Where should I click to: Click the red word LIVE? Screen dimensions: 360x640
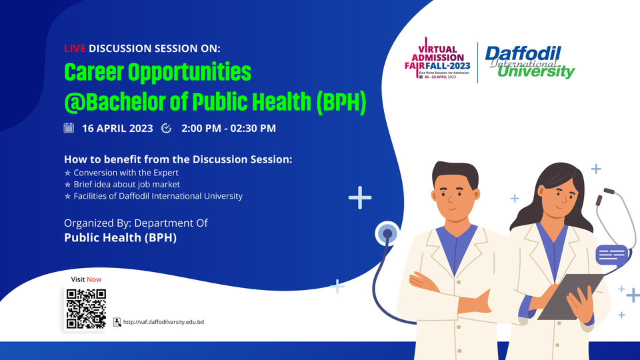75,49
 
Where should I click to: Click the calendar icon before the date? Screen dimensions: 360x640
69,128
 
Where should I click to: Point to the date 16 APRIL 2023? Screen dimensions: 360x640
117,128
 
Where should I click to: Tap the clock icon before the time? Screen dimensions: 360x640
167,128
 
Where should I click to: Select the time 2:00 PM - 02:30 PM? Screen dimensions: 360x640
228,128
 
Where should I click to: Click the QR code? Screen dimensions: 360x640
86,309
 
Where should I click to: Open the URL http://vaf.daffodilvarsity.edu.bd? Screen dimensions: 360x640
163,322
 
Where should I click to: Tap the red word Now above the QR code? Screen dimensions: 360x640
93,279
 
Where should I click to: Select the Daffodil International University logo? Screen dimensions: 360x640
529,61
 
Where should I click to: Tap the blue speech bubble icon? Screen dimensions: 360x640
612,254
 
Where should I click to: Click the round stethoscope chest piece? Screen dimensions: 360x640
387,234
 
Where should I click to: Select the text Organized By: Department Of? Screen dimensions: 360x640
136,223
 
